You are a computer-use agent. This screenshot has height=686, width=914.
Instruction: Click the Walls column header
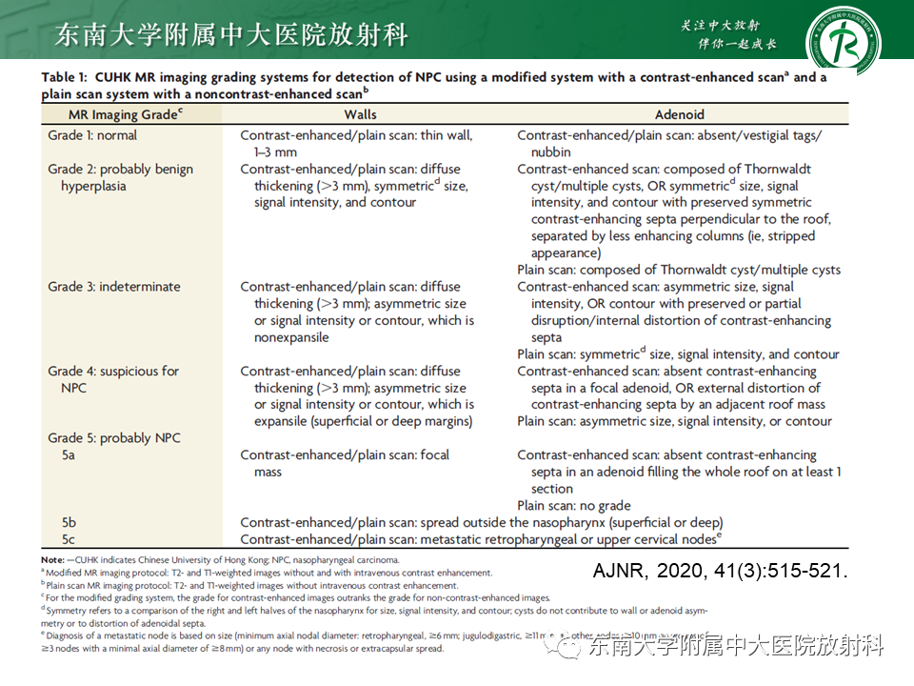360,114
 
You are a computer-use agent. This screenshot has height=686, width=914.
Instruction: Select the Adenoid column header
681,114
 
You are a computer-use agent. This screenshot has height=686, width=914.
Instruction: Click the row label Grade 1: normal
92,135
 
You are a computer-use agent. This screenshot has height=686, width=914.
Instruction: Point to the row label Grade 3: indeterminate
113,287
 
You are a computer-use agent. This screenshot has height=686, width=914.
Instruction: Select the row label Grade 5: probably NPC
113,438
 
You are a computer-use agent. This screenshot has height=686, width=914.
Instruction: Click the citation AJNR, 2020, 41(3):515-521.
719,572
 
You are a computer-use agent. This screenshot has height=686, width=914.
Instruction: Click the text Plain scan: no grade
574,506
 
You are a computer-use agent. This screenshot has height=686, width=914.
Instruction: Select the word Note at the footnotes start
52,559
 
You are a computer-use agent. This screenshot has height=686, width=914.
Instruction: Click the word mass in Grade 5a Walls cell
268,473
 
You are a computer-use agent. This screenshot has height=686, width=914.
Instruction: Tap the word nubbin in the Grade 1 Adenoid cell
551,152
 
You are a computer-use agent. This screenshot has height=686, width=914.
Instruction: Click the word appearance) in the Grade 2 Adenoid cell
566,253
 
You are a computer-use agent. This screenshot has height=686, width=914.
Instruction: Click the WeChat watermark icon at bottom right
571,648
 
